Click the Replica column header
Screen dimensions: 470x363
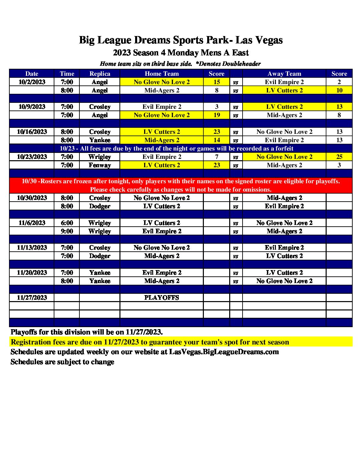click(x=100, y=74)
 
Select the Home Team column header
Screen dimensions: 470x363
click(x=161, y=74)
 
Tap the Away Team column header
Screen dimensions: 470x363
click(x=284, y=74)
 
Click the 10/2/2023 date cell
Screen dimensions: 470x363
click(x=32, y=82)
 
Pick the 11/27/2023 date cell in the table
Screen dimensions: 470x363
click(x=32, y=298)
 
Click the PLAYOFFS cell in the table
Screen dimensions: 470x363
click(x=161, y=298)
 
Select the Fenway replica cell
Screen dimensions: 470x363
click(x=100, y=165)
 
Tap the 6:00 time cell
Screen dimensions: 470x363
click(x=67, y=223)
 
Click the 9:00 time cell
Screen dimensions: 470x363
click(x=67, y=231)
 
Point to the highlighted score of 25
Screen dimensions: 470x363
click(x=339, y=157)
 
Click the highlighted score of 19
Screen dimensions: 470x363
click(x=217, y=115)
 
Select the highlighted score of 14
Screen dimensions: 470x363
click(x=217, y=140)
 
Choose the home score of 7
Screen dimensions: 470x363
click(x=217, y=157)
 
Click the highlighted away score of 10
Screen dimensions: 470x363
click(x=339, y=90)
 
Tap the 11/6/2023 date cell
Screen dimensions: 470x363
click(x=32, y=223)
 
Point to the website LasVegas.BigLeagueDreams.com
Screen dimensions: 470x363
click(x=224, y=352)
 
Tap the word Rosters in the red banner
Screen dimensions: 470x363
click(x=51, y=181)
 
